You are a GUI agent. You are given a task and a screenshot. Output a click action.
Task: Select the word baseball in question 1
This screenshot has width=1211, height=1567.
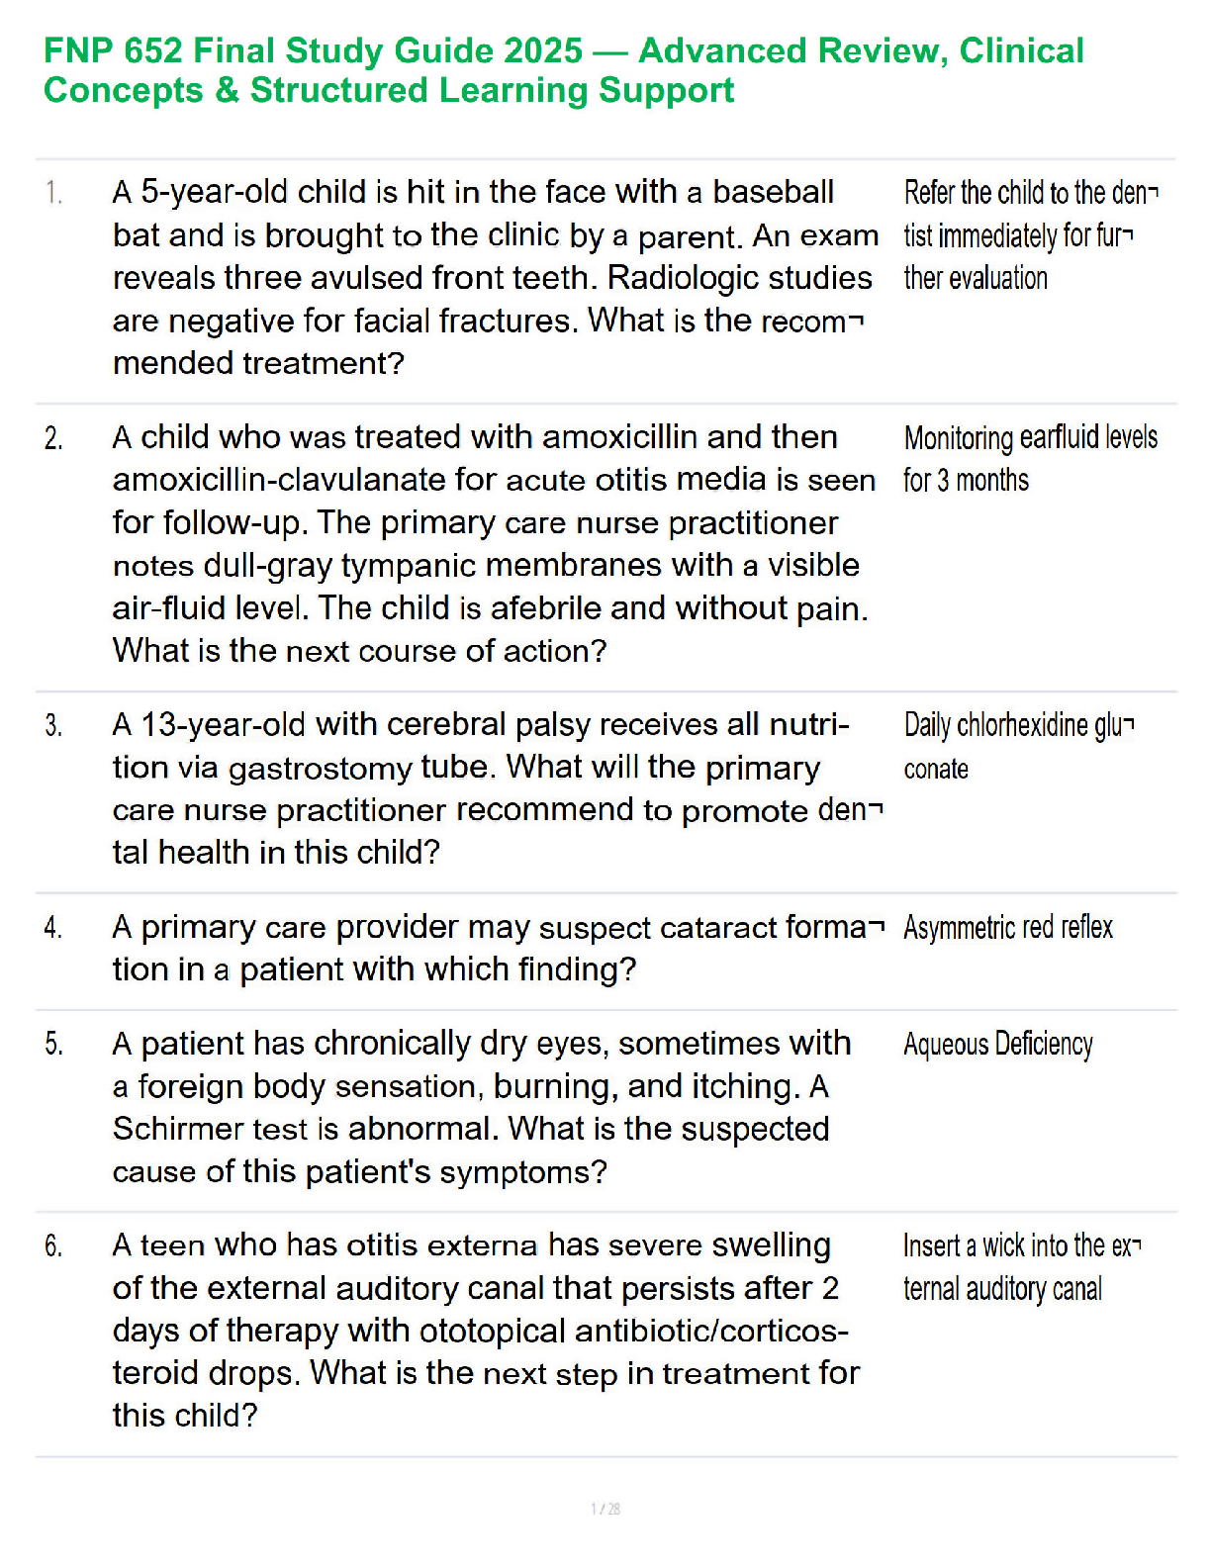coord(773,192)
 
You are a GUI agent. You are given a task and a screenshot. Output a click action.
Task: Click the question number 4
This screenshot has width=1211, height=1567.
coord(53,927)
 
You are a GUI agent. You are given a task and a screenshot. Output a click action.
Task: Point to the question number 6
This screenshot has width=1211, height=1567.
coord(53,1245)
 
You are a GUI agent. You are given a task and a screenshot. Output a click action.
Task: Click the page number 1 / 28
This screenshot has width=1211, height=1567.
coord(605,1509)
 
